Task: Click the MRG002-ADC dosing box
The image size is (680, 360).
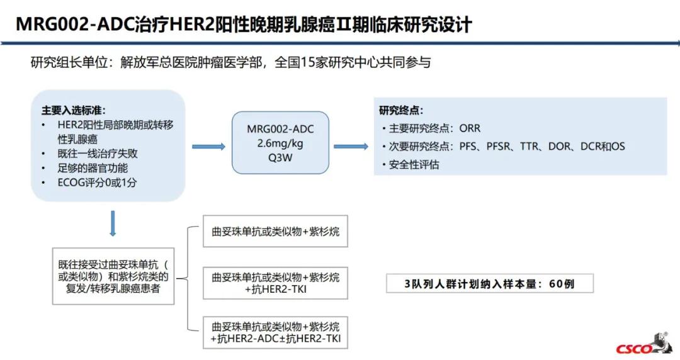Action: (280, 143)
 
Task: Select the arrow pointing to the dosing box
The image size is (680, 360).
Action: (208, 146)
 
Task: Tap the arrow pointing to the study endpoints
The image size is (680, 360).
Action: (351, 146)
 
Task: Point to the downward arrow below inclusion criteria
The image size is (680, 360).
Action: (113, 223)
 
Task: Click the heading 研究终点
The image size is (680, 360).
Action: (401, 110)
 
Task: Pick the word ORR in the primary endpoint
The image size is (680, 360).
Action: (470, 128)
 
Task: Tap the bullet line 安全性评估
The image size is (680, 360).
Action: (414, 165)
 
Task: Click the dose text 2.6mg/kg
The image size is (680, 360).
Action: (280, 143)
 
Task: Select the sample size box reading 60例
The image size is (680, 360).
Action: (489, 284)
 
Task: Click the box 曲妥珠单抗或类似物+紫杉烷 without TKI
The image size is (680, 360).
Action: (275, 232)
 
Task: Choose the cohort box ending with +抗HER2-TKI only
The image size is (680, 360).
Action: (275, 283)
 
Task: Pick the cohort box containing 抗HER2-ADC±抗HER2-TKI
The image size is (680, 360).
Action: (275, 333)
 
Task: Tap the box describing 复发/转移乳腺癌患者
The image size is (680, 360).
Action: (113, 276)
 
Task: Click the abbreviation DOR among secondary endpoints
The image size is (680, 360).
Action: (559, 147)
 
